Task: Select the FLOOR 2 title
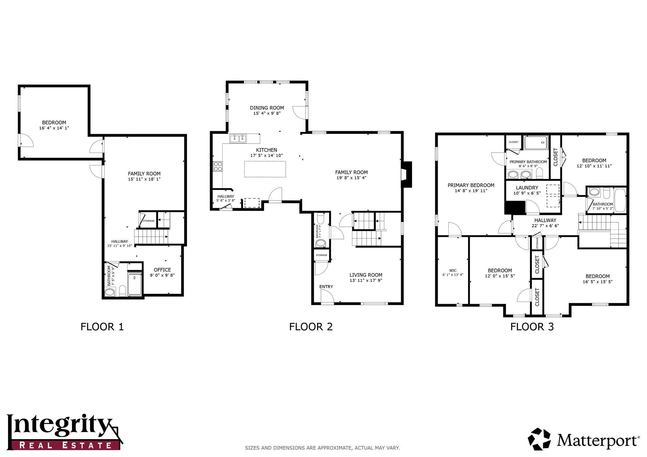click(311, 327)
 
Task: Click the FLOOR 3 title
click(532, 327)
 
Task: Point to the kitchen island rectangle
click(265, 169)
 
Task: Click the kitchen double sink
click(238, 139)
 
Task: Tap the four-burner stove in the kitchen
click(218, 166)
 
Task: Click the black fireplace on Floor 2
click(407, 175)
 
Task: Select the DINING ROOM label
click(267, 108)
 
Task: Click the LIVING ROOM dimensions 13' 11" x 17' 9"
click(366, 280)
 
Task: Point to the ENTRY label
click(326, 287)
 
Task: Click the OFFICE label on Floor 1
click(162, 270)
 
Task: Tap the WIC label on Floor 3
click(453, 271)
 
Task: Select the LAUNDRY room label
click(527, 188)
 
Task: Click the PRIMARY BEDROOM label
click(471, 185)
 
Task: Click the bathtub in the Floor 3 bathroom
click(620, 200)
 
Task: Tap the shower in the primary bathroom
click(536, 143)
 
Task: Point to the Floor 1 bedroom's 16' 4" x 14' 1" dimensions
click(54, 128)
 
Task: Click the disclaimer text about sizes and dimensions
click(322, 448)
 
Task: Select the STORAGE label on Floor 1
click(148, 221)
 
